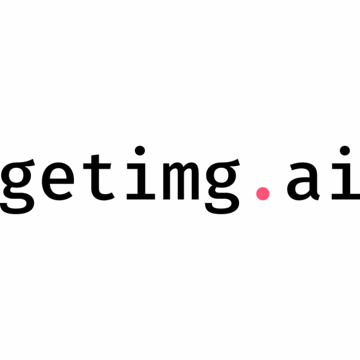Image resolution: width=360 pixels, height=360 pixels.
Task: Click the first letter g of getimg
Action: point(17,186)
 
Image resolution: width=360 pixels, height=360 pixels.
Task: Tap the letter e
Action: point(58,181)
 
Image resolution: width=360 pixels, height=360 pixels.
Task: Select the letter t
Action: point(99,177)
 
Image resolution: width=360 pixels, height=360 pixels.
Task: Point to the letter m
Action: point(181,181)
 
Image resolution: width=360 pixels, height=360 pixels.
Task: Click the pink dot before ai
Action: point(263,194)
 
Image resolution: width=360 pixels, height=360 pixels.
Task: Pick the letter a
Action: point(303,181)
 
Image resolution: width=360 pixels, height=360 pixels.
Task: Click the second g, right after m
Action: point(222,186)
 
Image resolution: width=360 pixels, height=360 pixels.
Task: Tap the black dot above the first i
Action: point(140,150)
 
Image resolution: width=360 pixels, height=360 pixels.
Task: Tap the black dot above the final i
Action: point(345,150)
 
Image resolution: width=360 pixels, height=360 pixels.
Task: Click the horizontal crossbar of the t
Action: point(97,166)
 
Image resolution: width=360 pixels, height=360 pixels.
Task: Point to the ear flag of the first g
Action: point(27,163)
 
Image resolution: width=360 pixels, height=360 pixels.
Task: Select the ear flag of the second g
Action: point(232,163)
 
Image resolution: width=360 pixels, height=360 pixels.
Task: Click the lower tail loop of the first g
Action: point(17,203)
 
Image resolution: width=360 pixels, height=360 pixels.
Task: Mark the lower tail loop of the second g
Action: point(222,203)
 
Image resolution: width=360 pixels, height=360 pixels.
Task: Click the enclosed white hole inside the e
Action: point(58,174)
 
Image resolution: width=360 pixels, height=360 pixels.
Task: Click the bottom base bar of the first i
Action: point(141,196)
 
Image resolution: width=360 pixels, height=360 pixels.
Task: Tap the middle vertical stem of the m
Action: point(180,184)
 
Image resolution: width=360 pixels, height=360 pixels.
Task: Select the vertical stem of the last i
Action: point(346,179)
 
